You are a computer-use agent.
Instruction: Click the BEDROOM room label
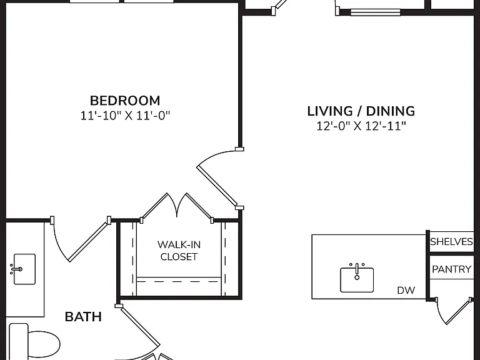click(x=125, y=101)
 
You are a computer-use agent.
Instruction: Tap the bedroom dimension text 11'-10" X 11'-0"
click(x=125, y=116)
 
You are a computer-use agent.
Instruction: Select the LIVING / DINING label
click(x=361, y=111)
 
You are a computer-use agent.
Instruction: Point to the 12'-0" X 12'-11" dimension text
click(x=361, y=126)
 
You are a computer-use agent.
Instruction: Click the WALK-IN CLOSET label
click(x=179, y=251)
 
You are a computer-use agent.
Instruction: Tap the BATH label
click(x=83, y=317)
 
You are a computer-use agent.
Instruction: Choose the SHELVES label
click(x=451, y=242)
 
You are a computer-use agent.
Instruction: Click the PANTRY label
click(x=451, y=269)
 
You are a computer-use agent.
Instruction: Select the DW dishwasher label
click(x=406, y=290)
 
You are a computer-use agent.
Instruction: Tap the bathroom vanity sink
click(x=24, y=269)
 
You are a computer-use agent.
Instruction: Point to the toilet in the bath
click(x=34, y=342)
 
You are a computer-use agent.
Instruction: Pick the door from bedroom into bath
click(x=82, y=239)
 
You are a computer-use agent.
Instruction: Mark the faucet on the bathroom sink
click(x=16, y=269)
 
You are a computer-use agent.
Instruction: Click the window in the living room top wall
click(x=375, y=12)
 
